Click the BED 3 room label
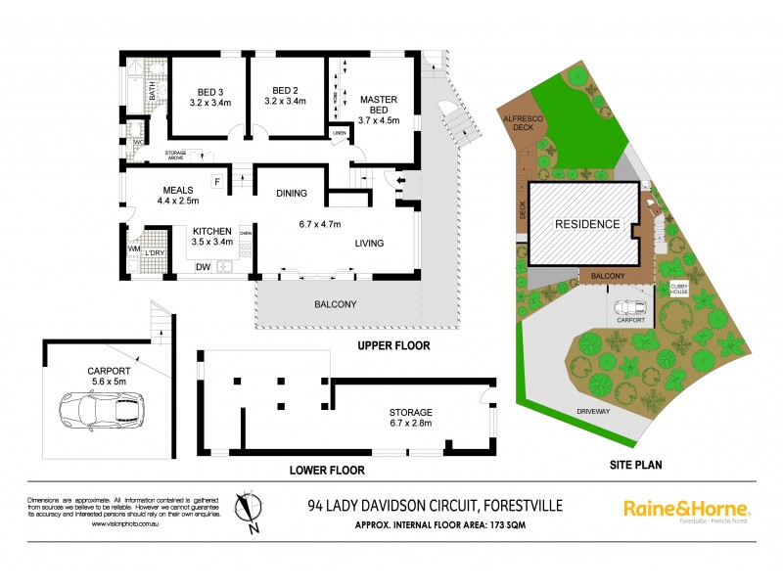coord(206,94)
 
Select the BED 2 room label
coord(285,94)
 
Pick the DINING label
coord(293,193)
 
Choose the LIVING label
coord(368,244)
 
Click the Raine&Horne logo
coord(687,510)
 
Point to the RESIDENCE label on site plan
coord(587,224)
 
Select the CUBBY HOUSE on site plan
coord(679,289)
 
